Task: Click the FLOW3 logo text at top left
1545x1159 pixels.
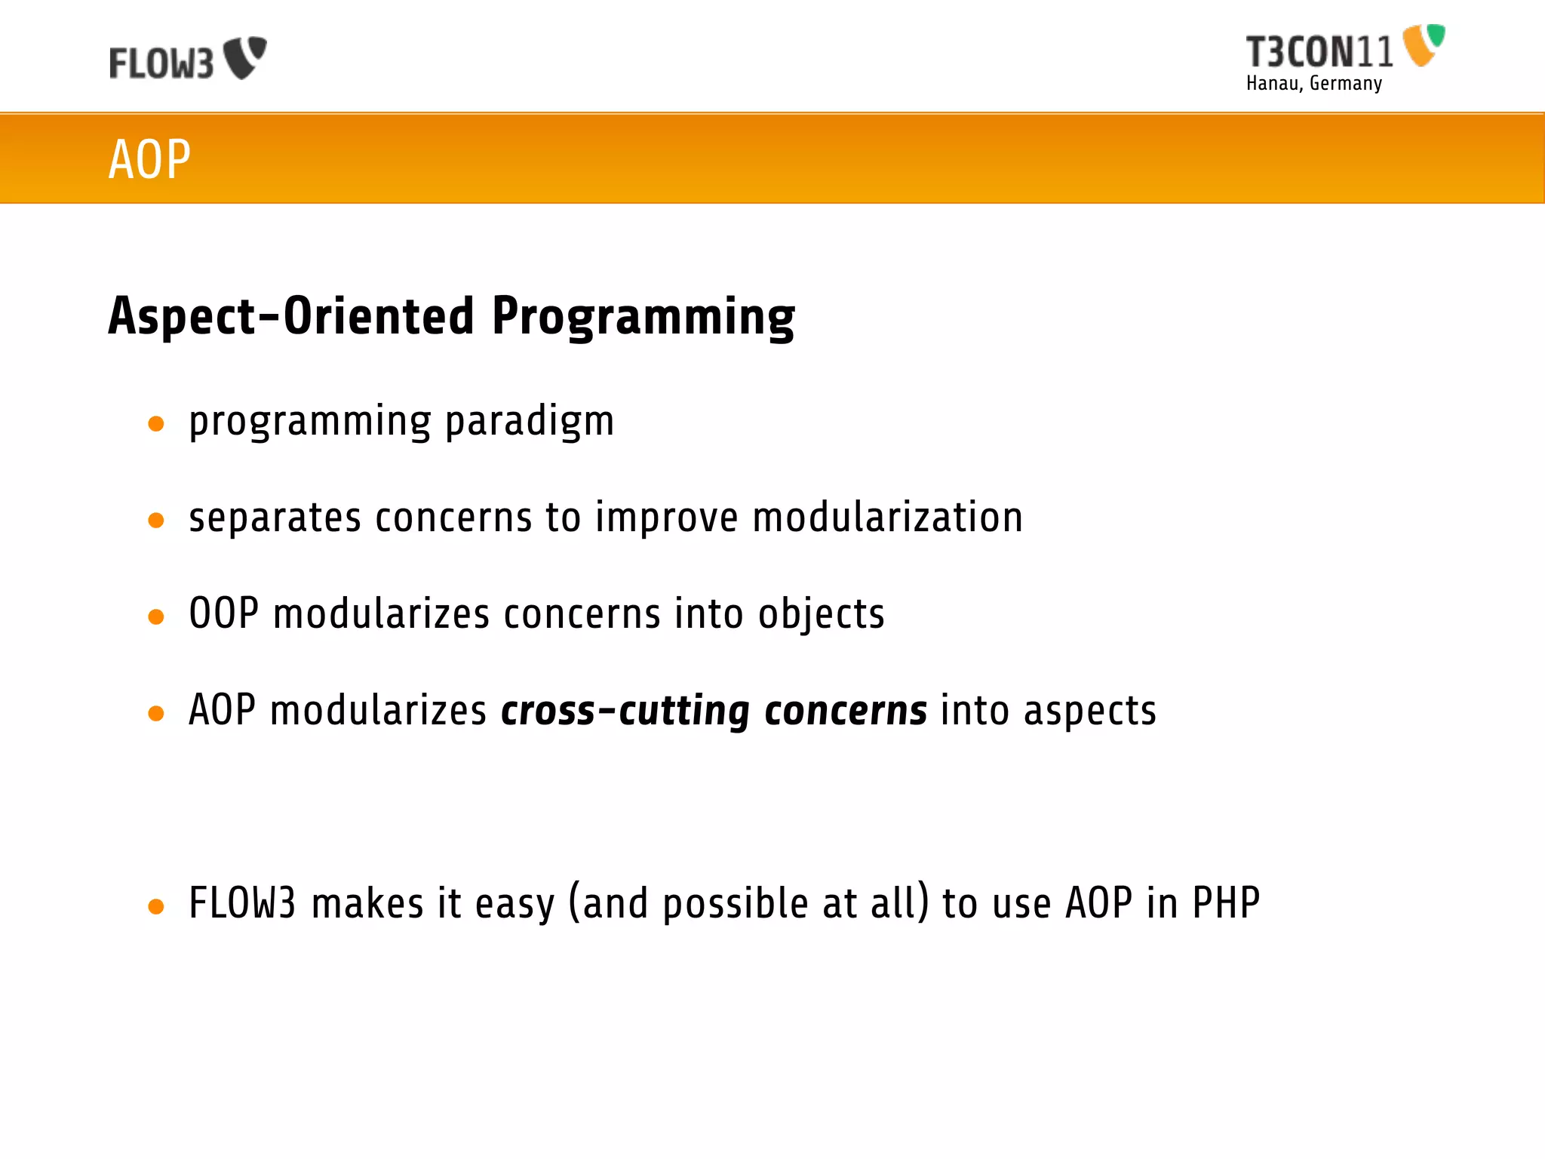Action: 161,63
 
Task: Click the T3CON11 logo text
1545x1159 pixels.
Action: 1319,53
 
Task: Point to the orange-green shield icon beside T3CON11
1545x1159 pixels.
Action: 1423,45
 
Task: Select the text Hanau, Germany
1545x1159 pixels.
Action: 1313,83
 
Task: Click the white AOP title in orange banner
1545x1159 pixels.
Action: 149,159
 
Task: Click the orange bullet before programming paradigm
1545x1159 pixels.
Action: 156,423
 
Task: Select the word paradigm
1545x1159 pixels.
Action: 530,422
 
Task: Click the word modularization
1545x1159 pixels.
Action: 887,518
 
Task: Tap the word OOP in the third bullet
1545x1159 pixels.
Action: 223,613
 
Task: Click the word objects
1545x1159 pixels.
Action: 821,614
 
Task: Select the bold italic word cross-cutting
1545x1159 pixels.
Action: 625,711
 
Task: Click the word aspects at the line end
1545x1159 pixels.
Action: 1089,711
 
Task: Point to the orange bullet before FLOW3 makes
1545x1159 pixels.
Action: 156,906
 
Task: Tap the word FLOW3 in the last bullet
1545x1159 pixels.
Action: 242,902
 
